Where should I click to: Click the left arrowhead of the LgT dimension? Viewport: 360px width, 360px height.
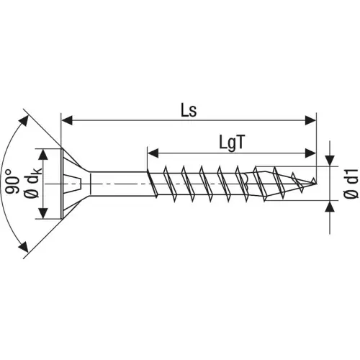coord(152,153)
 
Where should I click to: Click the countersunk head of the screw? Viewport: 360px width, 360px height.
coord(76,184)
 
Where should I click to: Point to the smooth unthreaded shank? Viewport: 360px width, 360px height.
coord(119,184)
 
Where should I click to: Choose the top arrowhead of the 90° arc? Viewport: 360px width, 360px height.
coord(26,118)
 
